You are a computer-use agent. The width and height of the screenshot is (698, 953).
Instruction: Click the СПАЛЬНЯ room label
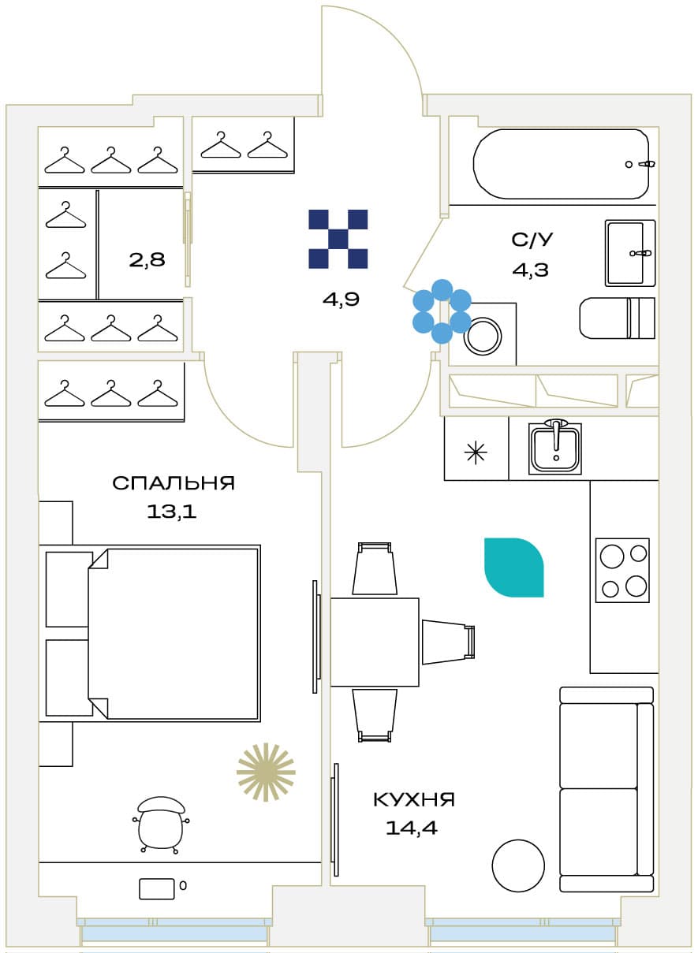pos(174,483)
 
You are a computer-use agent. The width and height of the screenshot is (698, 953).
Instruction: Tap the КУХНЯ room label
pos(414,800)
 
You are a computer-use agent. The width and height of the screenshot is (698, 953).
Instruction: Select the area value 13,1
pos(171,512)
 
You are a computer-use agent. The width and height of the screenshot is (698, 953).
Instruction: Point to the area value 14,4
pos(412,828)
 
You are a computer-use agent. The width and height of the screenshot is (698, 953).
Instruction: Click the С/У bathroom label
pos(532,240)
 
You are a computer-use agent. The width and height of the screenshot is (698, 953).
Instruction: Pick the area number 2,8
pos(147,259)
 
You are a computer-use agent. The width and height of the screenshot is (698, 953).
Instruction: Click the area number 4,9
pos(341,300)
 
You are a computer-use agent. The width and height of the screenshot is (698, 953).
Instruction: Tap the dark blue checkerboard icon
pos(338,239)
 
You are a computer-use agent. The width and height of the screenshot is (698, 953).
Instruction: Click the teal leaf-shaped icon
pos(514,568)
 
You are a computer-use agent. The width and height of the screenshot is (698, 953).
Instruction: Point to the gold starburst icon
pos(266,772)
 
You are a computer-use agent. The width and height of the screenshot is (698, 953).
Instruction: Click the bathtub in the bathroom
pos(562,164)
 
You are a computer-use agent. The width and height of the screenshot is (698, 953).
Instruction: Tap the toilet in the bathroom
pos(617,318)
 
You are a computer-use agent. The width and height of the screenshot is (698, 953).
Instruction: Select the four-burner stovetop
pos(622,570)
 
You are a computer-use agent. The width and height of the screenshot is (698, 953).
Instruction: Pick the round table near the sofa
pos(518,866)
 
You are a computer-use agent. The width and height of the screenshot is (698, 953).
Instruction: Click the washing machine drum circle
pos(483,336)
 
